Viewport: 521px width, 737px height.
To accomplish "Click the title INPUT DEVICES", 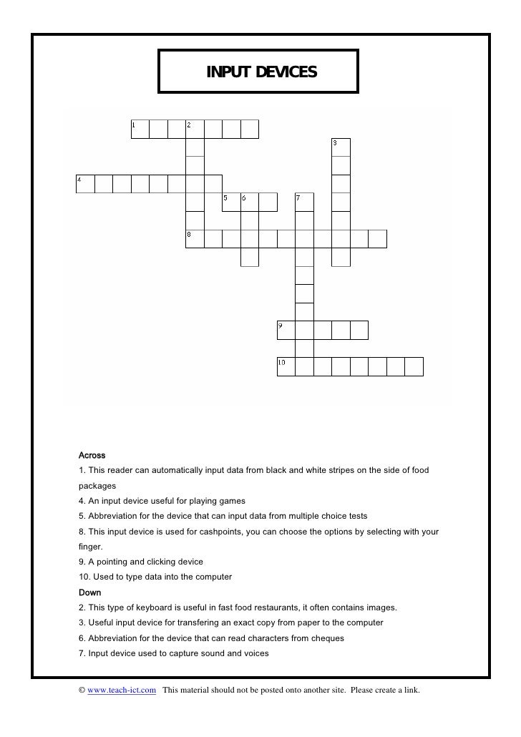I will pyautogui.click(x=260, y=72).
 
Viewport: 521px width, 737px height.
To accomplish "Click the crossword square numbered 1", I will pyautogui.click(x=140, y=129).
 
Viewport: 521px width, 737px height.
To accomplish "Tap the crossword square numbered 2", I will pyautogui.click(x=195, y=129).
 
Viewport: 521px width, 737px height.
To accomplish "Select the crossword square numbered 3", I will pyautogui.click(x=341, y=147).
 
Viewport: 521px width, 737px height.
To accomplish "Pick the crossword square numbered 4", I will pyautogui.click(x=85, y=184).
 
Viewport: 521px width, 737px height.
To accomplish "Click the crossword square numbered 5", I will pyautogui.click(x=231, y=202).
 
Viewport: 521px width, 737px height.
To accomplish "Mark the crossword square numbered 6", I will pyautogui.click(x=249, y=202).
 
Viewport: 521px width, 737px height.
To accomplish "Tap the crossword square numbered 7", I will pyautogui.click(x=304, y=202).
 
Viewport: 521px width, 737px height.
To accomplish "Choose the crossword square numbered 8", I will pyautogui.click(x=195, y=238).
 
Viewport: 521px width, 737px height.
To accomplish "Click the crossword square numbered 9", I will pyautogui.click(x=286, y=330).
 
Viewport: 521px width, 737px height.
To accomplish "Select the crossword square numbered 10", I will pyautogui.click(x=286, y=366).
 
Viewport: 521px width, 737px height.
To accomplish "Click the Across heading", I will pyautogui.click(x=92, y=455).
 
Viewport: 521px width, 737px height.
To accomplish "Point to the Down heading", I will pyautogui.click(x=89, y=592).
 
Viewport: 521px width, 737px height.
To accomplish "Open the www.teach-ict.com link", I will pyautogui.click(x=122, y=690).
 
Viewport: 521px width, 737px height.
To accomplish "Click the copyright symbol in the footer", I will pyautogui.click(x=82, y=690).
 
